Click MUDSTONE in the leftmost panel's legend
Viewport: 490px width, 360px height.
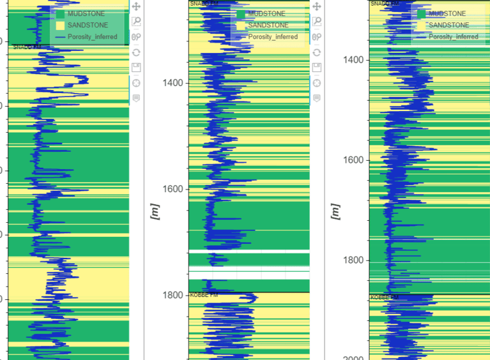86,14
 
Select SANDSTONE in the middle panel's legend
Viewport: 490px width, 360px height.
268,26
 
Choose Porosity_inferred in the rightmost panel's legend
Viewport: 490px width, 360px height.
453,37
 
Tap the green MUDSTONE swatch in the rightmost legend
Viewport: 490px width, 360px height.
421,14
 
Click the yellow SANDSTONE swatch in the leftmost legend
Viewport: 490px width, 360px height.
60,26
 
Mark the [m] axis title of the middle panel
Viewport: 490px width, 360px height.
154,211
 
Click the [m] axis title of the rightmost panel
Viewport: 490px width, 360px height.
334,211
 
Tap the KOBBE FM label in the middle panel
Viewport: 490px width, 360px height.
204,295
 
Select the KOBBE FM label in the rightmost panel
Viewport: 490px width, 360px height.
385,298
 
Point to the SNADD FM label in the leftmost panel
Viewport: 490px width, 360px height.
26,47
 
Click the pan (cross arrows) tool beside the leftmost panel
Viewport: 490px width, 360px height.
136,6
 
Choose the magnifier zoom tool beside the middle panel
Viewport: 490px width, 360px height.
317,22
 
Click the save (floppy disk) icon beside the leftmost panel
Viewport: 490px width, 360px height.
136,68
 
